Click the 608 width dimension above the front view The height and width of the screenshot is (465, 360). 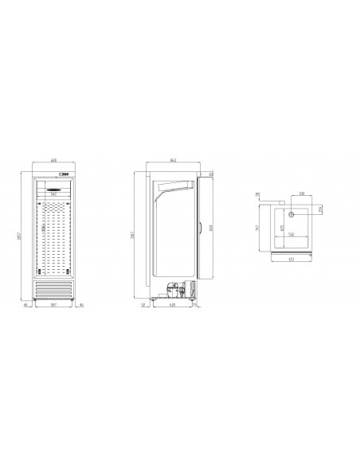(53, 160)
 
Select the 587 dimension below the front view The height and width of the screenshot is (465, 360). (53, 305)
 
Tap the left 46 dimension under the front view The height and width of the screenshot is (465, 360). (26, 305)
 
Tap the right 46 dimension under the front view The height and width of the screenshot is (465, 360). (80, 305)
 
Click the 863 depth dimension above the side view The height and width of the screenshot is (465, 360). (174, 161)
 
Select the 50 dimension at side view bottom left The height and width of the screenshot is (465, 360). (143, 305)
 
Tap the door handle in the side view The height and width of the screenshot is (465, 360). (198, 232)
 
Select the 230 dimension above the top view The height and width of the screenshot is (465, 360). (291, 193)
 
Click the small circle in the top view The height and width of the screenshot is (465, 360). (292, 214)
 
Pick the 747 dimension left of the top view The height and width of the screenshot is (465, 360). (259, 230)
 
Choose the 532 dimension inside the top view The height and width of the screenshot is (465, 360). (292, 235)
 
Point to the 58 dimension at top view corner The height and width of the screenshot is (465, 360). (259, 193)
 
